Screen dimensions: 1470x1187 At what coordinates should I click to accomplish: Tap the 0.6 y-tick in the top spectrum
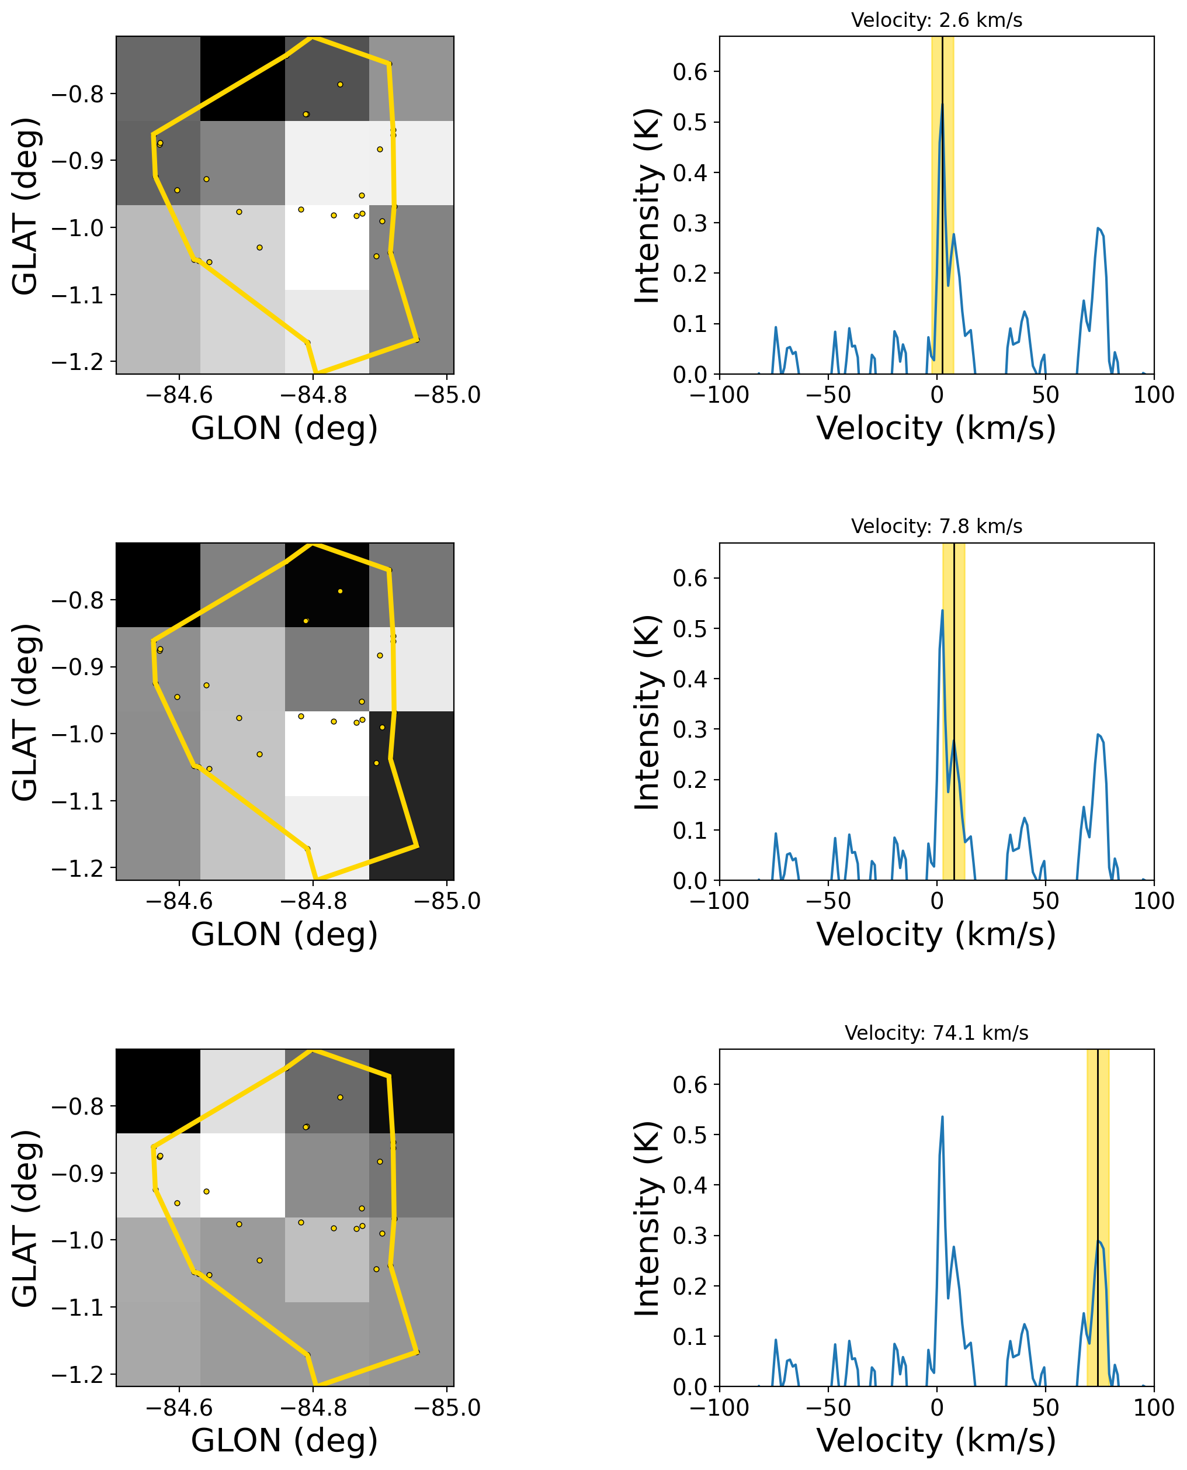(x=690, y=72)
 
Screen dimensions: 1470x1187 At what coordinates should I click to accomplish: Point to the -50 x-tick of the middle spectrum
(x=828, y=901)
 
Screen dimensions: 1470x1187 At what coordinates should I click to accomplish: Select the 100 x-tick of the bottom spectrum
(x=1154, y=1407)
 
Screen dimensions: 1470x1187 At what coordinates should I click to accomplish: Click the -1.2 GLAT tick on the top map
(x=77, y=362)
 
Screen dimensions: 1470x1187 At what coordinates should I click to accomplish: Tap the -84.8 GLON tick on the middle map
(x=313, y=901)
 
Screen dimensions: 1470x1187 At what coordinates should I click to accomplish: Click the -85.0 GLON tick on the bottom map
(x=447, y=1407)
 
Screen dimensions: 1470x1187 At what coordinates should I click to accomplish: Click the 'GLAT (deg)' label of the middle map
(x=26, y=711)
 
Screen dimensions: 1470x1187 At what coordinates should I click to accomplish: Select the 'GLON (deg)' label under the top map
(x=284, y=428)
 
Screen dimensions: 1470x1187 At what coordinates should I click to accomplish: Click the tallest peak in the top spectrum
(x=942, y=105)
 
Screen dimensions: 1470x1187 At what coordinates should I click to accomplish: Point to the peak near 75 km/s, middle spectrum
(x=1098, y=735)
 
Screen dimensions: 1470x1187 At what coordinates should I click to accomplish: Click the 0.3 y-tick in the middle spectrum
(x=690, y=729)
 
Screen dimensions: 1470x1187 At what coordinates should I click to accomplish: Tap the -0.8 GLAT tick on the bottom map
(x=77, y=1106)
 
